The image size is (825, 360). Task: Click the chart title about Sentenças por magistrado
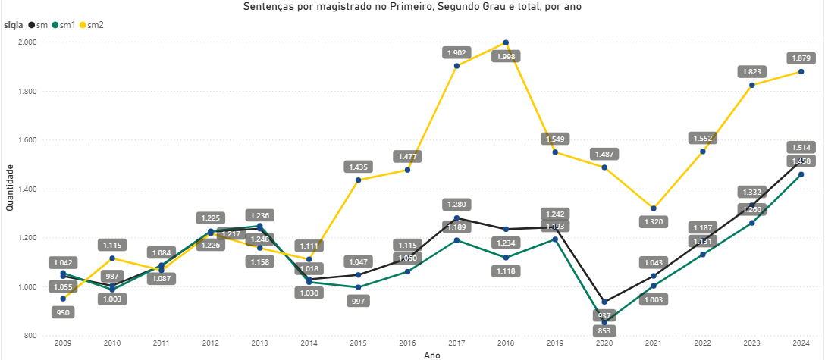point(412,7)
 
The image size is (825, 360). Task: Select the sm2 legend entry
point(95,25)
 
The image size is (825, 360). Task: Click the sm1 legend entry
point(67,25)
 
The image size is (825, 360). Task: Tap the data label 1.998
point(506,56)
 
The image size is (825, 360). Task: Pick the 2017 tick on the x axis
point(456,343)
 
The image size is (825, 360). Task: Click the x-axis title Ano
point(431,354)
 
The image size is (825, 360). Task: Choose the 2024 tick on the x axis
point(801,343)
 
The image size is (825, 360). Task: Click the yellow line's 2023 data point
point(751,85)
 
